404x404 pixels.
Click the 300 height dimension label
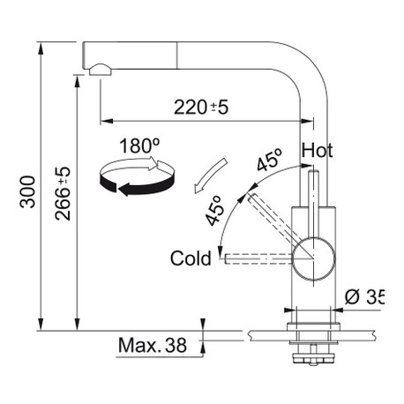[27, 191]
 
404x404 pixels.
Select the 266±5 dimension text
[63, 193]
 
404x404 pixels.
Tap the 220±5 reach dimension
[201, 107]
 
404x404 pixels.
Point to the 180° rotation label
[139, 146]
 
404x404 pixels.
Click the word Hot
[317, 150]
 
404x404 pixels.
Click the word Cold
[191, 258]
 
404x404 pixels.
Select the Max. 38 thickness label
[153, 345]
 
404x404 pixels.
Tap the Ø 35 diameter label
[364, 296]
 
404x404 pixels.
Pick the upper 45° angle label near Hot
[269, 160]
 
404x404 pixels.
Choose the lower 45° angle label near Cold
[214, 211]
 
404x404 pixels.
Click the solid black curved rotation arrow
[136, 184]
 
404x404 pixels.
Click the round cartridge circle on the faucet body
[313, 258]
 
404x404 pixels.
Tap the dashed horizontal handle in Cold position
[258, 258]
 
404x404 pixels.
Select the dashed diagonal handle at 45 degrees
[272, 218]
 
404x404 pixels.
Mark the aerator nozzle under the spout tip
[101, 70]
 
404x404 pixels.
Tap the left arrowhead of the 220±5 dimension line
[107, 121]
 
